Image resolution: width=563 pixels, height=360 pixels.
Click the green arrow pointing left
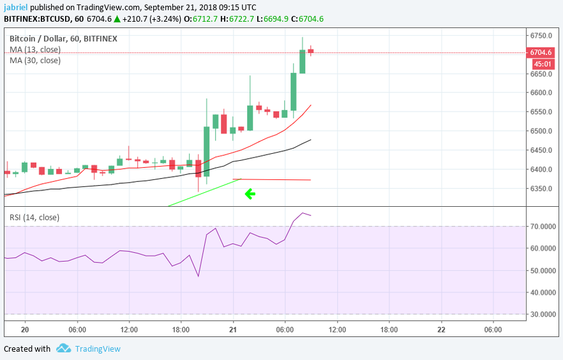click(x=250, y=194)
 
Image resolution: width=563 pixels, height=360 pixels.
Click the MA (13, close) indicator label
click(x=35, y=49)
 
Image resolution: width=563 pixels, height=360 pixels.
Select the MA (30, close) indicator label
click(x=35, y=61)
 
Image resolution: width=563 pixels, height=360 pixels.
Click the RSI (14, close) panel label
click(x=34, y=218)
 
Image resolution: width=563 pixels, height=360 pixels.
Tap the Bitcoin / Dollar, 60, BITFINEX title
click(x=63, y=38)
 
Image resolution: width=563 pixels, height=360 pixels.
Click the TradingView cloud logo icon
click(x=63, y=349)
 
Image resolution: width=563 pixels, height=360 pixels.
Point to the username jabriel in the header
click(x=15, y=8)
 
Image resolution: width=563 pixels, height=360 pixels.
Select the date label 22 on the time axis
click(x=441, y=329)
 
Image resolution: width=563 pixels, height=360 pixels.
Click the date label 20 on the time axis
click(x=25, y=329)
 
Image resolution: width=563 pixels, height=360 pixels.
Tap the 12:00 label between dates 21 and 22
click(x=337, y=329)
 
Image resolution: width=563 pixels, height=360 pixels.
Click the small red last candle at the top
click(x=311, y=51)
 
